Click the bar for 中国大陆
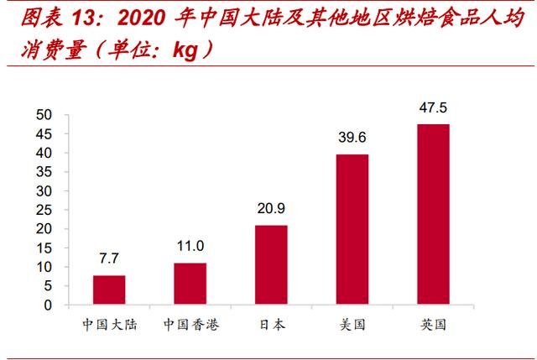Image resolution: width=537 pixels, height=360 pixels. coord(109,290)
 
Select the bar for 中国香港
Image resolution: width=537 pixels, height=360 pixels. coord(190,284)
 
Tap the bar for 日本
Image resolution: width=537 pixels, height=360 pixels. coord(271,265)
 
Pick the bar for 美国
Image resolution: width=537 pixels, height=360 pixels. coord(352,229)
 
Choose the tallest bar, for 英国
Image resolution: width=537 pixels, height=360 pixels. coord(433,214)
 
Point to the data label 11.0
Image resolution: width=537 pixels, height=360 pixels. coord(190,247)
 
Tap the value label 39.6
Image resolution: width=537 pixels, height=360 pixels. coord(352,137)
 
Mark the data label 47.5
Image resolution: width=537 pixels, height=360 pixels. coord(433,107)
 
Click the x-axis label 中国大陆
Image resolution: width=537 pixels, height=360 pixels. coord(109,325)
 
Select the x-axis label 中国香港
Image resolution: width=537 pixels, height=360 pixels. coord(190,325)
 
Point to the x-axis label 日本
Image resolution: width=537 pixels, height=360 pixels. coord(271,325)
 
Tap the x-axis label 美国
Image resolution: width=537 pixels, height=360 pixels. coord(352,325)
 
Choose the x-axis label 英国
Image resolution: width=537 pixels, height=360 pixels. coord(433,325)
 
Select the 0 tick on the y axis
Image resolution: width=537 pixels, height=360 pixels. coord(49,305)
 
